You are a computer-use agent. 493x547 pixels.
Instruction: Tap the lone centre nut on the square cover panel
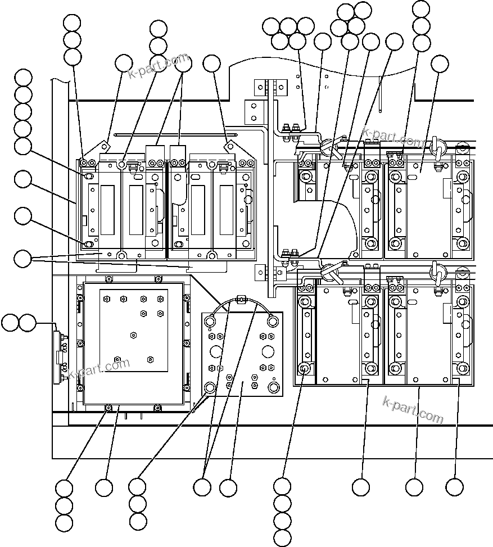click(133, 335)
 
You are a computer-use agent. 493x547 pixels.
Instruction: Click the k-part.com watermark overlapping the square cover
click(99, 369)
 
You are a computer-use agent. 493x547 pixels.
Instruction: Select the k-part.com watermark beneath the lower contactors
click(413, 410)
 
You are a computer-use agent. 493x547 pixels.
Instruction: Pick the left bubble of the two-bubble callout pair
click(10, 323)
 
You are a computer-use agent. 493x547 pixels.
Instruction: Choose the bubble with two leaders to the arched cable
click(202, 487)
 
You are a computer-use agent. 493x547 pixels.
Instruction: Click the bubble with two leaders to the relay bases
click(22, 259)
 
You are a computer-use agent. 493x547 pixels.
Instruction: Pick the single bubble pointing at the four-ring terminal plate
click(228, 487)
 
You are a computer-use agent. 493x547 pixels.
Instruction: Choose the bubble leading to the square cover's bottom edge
click(103, 487)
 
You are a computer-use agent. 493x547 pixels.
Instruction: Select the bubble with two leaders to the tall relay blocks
click(184, 64)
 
